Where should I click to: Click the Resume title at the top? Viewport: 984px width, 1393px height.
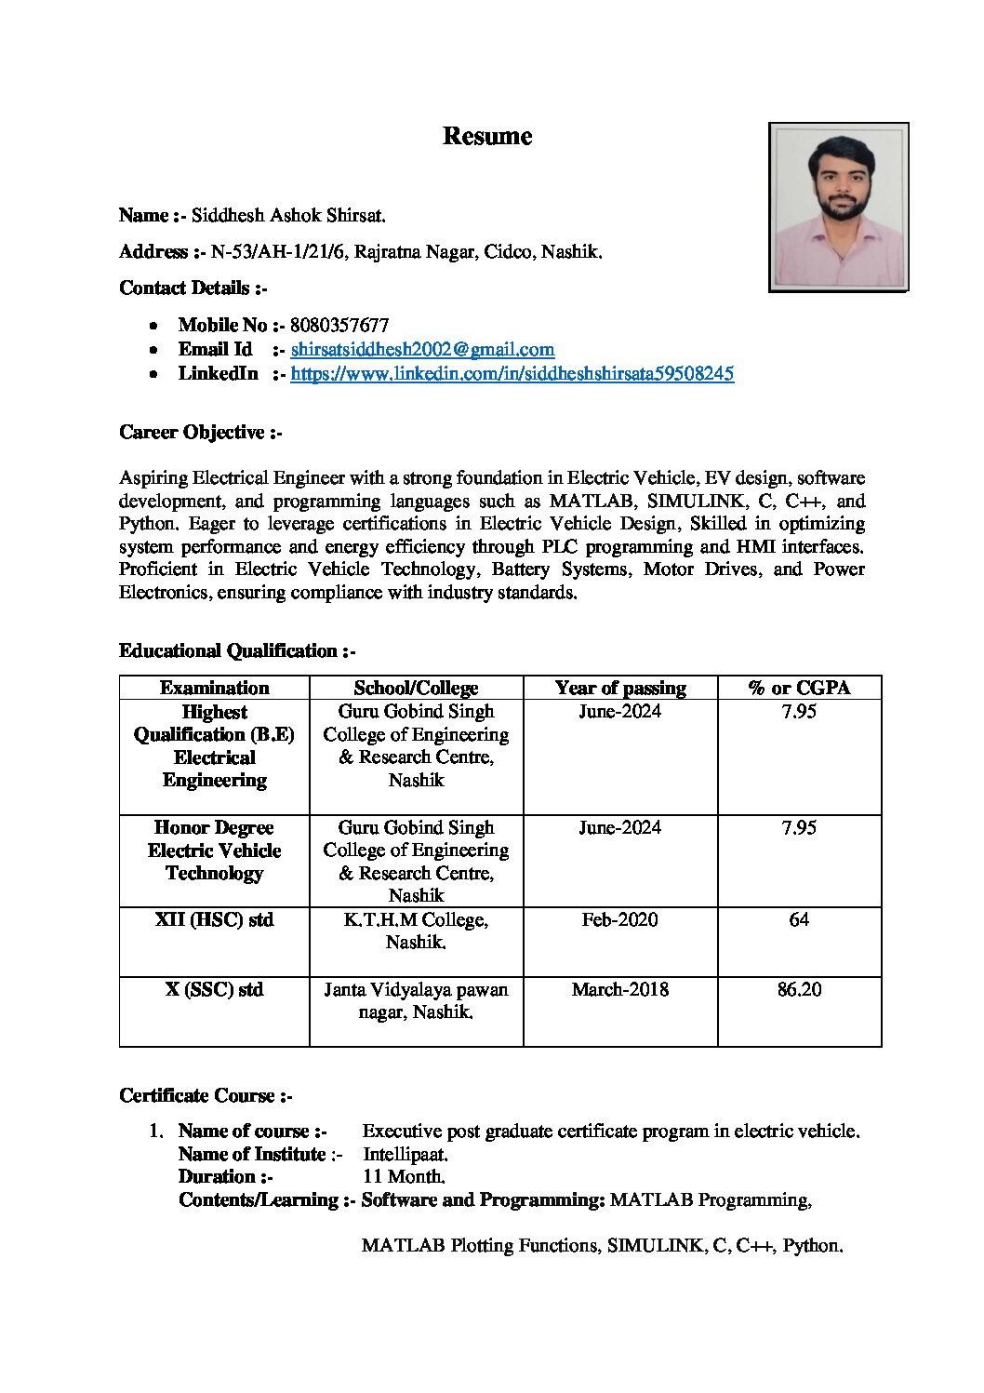(486, 137)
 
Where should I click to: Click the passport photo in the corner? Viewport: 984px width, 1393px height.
(838, 208)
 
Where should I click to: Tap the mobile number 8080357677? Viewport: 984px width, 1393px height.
(339, 326)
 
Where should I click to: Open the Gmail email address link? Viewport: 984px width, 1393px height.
(422, 350)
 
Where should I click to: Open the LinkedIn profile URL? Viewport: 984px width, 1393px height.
(512, 374)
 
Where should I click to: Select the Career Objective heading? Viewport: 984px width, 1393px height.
(200, 433)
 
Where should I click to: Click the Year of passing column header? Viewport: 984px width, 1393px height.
(619, 689)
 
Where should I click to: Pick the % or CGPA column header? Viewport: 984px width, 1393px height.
(799, 689)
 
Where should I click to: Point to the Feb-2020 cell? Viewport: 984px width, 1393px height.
(619, 920)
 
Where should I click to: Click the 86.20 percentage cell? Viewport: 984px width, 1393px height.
(799, 990)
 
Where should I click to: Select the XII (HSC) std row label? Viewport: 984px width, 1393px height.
(214, 920)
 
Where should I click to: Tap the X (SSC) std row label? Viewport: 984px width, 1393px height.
(214, 990)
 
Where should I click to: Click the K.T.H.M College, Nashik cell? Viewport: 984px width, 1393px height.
(416, 931)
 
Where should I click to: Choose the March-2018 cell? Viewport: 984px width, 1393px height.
(619, 990)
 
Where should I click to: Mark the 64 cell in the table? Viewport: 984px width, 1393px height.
(799, 920)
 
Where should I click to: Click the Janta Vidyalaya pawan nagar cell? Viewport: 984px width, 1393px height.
(416, 1001)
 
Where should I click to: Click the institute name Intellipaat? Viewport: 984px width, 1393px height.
(406, 1155)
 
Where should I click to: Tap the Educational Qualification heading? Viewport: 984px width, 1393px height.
(237, 651)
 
